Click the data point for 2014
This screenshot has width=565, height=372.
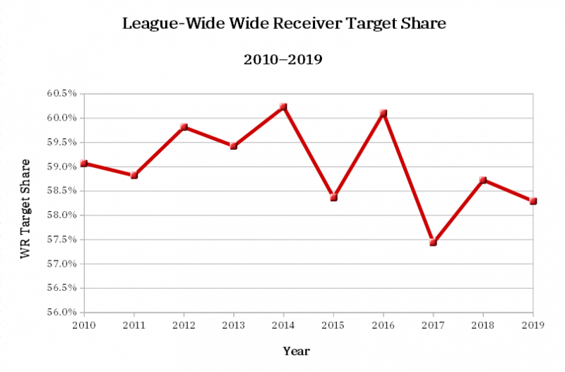[x=283, y=107]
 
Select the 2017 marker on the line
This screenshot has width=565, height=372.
[x=433, y=242]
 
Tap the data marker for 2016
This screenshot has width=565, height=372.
[x=383, y=114]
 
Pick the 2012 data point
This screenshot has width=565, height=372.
[x=184, y=127]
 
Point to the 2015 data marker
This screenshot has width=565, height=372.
[x=333, y=198]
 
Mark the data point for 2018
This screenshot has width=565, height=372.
[x=483, y=180]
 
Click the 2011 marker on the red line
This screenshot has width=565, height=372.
[x=134, y=175]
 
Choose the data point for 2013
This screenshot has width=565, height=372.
[x=233, y=146]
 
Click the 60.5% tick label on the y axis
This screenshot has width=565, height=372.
[x=62, y=94]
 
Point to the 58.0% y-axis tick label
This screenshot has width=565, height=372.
[x=62, y=215]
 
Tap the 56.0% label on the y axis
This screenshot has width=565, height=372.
[x=62, y=312]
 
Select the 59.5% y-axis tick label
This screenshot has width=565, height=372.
[x=62, y=143]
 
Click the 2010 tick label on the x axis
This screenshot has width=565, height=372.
[x=84, y=325]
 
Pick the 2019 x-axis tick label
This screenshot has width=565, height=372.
[x=533, y=325]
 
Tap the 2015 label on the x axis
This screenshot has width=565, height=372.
[x=333, y=325]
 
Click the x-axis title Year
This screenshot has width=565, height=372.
[x=297, y=351]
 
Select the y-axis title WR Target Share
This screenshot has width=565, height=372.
[x=25, y=209]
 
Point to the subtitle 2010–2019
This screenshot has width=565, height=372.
[x=283, y=60]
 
